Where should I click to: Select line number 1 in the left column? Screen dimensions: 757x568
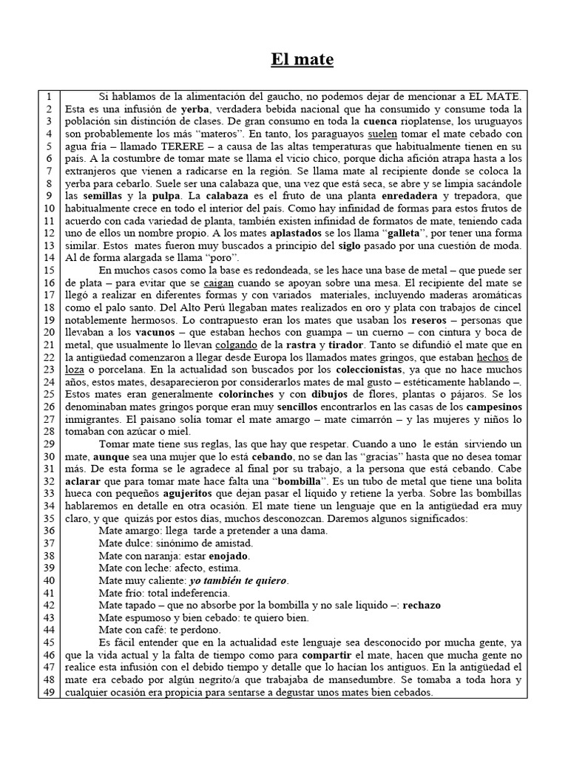49,97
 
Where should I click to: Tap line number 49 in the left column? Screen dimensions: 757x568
49,693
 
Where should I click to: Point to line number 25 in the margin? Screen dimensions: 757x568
49,395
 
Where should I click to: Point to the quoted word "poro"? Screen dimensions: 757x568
223,258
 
